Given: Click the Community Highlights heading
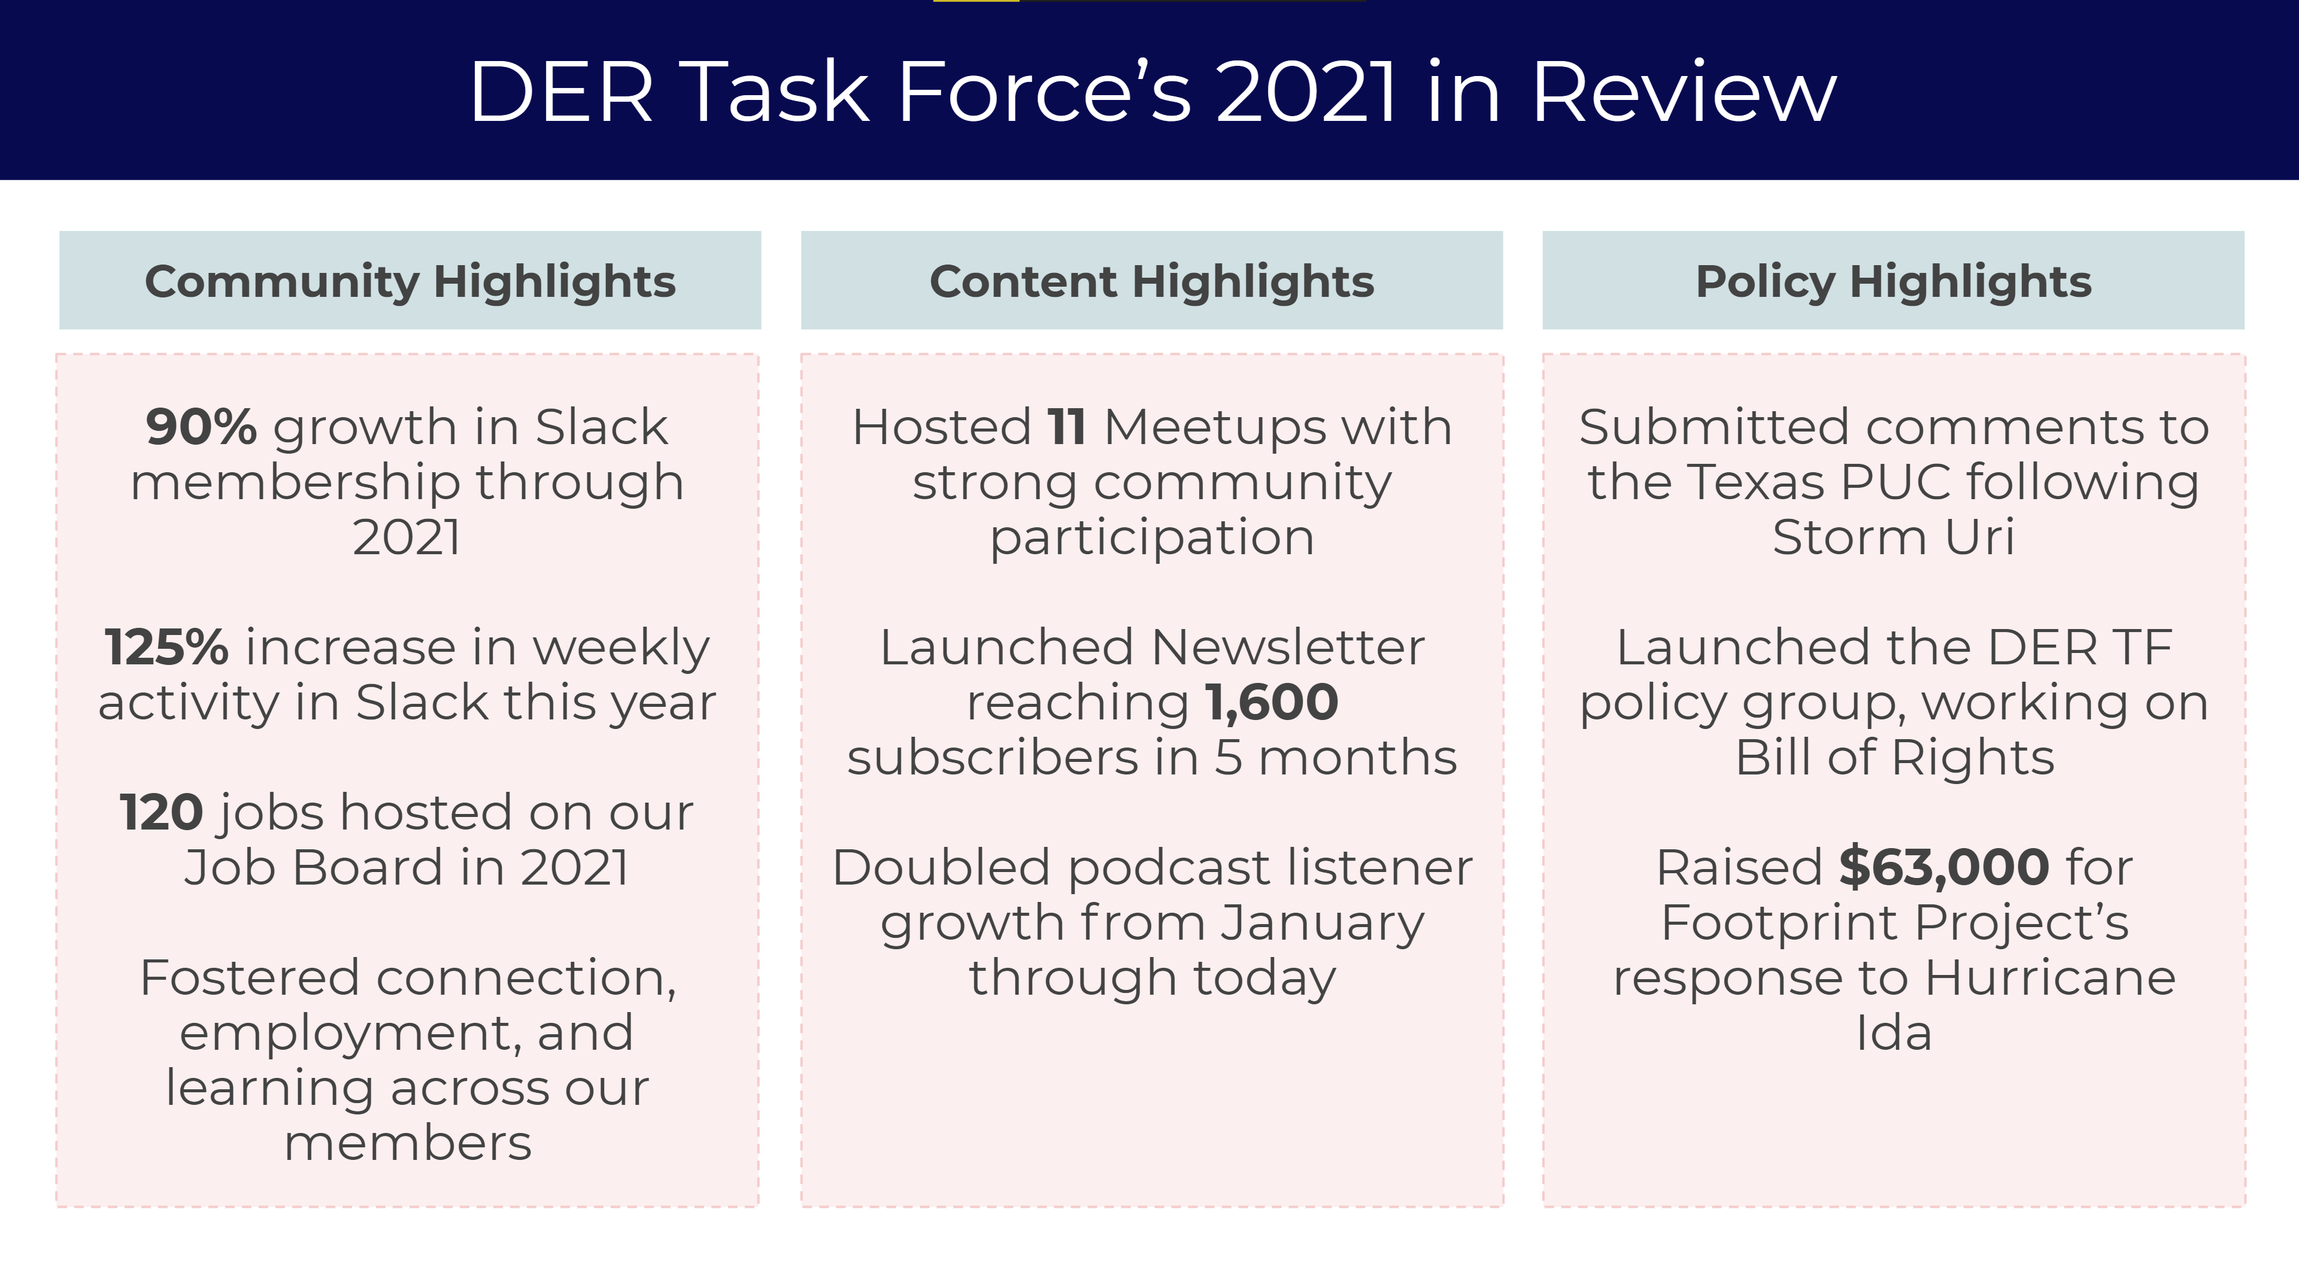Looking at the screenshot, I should (410, 281).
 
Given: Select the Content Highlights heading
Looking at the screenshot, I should (1151, 281).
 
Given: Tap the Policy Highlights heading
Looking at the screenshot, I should (1893, 281).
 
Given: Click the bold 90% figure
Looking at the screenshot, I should (201, 427).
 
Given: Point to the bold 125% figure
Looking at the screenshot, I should (166, 647).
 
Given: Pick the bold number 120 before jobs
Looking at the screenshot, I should (162, 813).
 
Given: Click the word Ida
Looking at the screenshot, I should (1894, 1034).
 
